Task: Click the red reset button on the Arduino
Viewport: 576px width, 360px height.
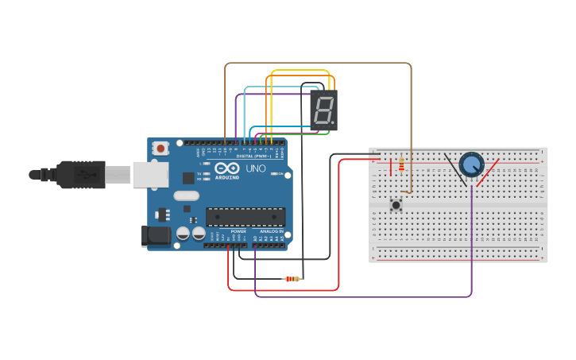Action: click(x=161, y=148)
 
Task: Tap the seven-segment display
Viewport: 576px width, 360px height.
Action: click(x=323, y=110)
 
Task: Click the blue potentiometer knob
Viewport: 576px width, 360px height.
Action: click(x=471, y=165)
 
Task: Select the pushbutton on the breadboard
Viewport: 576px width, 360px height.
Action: click(x=396, y=205)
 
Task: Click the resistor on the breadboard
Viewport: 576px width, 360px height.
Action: click(x=401, y=164)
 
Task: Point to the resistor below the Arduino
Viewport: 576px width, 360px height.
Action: click(x=293, y=279)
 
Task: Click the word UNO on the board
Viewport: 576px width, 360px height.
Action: click(x=256, y=168)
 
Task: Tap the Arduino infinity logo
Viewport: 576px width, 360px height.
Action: click(x=227, y=168)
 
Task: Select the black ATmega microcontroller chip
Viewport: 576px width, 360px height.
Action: click(x=245, y=216)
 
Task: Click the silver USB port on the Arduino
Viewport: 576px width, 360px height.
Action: click(x=149, y=174)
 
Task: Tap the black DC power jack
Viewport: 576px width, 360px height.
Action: click(x=156, y=235)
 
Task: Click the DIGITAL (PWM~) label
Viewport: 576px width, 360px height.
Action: click(x=253, y=157)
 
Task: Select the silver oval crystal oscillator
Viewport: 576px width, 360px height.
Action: click(x=186, y=195)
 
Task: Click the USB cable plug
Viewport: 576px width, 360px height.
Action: click(x=79, y=174)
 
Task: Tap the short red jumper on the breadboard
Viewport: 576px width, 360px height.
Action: click(x=391, y=167)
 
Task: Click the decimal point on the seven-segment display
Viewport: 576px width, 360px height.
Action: click(x=334, y=125)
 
